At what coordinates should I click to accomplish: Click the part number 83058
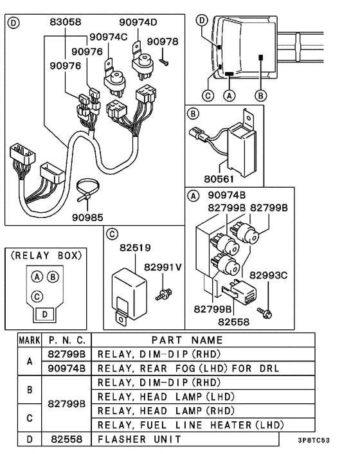[66, 22]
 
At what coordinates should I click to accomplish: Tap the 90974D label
[138, 22]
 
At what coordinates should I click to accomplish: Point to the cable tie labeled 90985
[87, 190]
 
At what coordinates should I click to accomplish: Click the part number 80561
[219, 179]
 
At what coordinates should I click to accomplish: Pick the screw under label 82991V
[164, 294]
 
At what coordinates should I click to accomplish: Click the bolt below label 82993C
[265, 313]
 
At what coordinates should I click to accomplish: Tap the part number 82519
[135, 248]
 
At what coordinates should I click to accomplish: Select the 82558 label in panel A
[233, 322]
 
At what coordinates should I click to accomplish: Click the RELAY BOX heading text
[46, 256]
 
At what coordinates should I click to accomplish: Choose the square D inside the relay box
[44, 314]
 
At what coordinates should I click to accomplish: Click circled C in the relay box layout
[37, 296]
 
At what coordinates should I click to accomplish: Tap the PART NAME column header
[187, 340]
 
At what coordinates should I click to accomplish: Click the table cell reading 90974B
[67, 368]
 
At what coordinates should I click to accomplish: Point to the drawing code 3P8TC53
[314, 440]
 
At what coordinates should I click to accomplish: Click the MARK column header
[30, 340]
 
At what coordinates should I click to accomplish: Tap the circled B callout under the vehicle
[260, 96]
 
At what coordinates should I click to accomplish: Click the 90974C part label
[108, 37]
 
